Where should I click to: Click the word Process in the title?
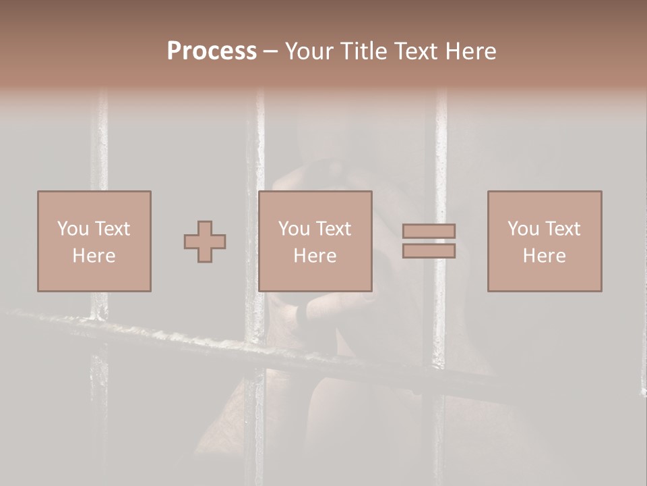click(212, 51)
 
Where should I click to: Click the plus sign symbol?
click(205, 242)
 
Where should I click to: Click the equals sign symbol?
click(429, 241)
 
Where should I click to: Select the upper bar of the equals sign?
click(429, 232)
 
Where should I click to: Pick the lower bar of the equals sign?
click(429, 251)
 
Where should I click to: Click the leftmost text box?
click(94, 241)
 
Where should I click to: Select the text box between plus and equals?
click(315, 241)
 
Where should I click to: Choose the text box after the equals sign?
click(545, 241)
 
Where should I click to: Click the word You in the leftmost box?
click(72, 229)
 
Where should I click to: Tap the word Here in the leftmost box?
click(94, 256)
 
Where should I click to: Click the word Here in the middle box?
click(315, 256)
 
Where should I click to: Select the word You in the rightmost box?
click(523, 229)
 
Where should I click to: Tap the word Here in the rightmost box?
click(544, 256)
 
